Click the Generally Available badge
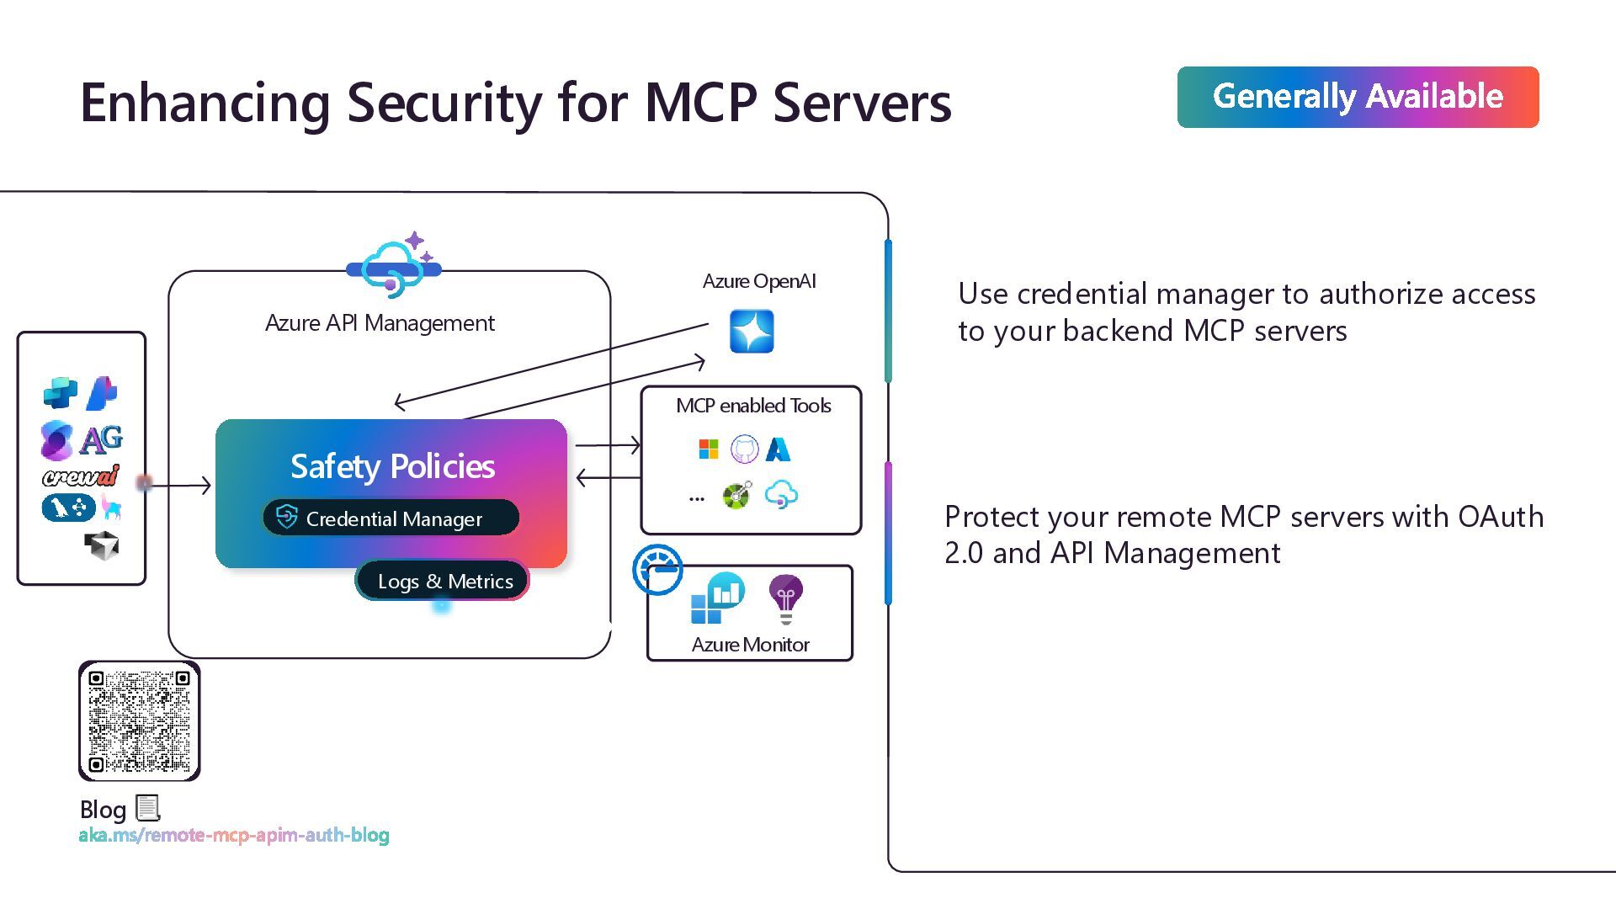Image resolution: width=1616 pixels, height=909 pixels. [x=1358, y=97]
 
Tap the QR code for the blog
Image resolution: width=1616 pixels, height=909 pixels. [x=140, y=721]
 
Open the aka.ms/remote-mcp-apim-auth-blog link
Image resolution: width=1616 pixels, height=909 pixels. [x=234, y=835]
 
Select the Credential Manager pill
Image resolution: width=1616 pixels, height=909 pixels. [x=391, y=518]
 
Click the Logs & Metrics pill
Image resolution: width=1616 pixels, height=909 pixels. [x=444, y=581]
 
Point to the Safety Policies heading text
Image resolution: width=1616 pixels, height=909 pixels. [x=392, y=466]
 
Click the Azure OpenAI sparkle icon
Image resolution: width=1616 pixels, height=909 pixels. [x=751, y=331]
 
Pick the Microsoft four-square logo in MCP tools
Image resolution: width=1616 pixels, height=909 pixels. [x=709, y=449]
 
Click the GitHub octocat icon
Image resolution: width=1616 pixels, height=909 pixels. [x=744, y=449]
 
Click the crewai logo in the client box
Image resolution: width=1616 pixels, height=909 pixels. [x=81, y=476]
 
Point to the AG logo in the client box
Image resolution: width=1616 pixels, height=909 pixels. [x=102, y=439]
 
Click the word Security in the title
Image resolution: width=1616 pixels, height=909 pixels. [x=444, y=103]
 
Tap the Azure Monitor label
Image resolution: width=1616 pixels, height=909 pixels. [x=750, y=645]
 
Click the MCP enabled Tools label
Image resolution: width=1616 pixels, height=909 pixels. [x=753, y=406]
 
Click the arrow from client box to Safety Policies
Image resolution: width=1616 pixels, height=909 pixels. [x=178, y=485]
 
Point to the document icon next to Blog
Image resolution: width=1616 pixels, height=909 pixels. [x=148, y=808]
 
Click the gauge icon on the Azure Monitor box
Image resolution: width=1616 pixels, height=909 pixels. [x=657, y=570]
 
